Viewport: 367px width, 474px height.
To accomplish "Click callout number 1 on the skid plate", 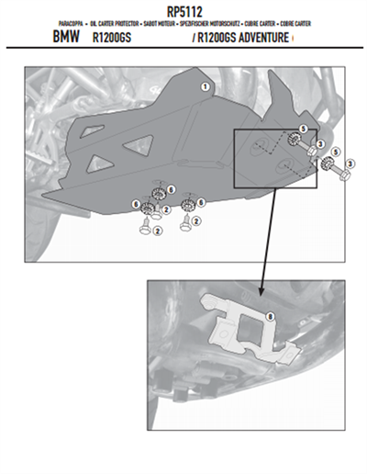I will (x=204, y=86).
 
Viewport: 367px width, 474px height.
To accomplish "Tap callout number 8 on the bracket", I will (x=269, y=317).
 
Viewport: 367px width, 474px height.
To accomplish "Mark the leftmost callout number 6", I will (x=135, y=202).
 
